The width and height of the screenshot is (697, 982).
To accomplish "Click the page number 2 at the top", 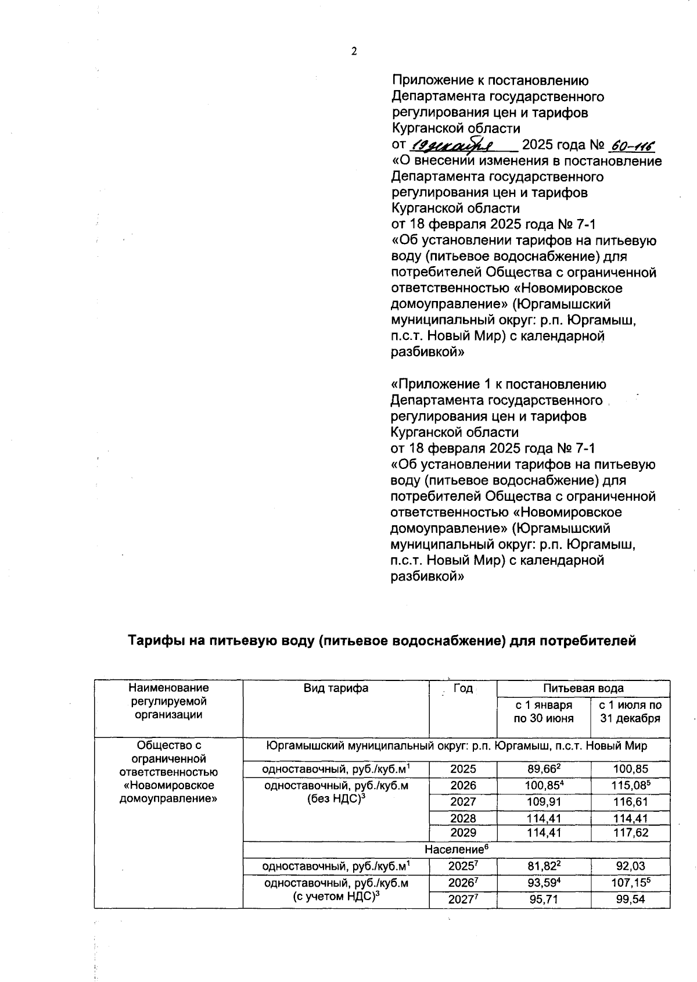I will pos(354,51).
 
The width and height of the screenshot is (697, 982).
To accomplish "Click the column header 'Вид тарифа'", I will pos(336,689).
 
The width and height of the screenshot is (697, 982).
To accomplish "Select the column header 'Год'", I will pos(463,689).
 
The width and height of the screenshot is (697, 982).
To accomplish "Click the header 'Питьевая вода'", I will pos(583,689).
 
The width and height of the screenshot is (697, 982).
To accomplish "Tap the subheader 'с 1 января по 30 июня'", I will pos(544,712).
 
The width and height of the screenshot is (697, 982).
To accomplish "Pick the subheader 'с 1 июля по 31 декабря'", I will pos(630,712).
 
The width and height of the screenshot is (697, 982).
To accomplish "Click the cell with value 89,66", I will pos(542,769).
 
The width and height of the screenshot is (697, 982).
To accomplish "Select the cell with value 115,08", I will pos(630,786).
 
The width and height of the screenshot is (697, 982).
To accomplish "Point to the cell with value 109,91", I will pos(544,802).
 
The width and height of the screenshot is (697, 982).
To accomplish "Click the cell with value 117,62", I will pos(630,833).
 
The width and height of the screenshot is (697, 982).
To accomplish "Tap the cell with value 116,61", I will pos(630,802).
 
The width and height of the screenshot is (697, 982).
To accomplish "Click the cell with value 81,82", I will pos(542,866).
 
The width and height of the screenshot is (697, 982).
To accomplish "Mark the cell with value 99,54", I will pos(630,900).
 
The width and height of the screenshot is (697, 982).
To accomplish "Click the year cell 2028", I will pos(463,818).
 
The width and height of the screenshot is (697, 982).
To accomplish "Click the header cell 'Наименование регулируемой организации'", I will pos(168,701).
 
